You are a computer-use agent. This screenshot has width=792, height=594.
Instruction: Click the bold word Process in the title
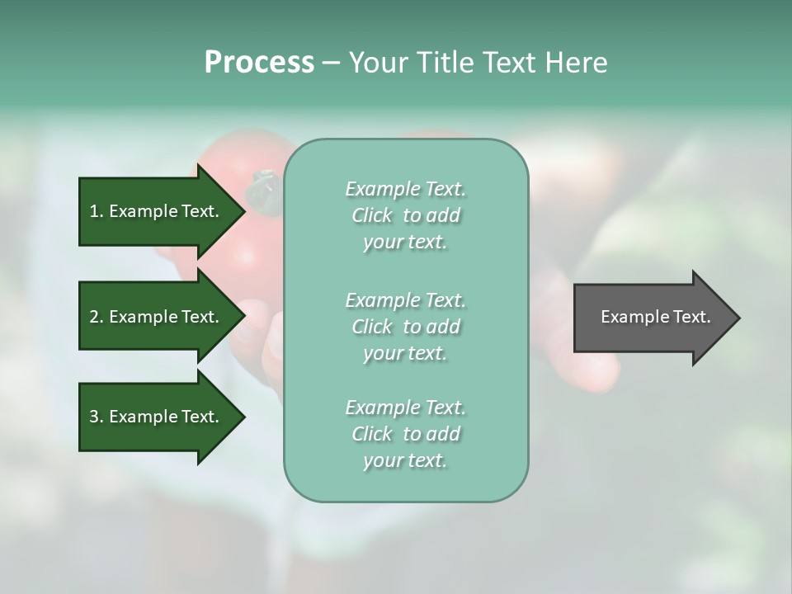(259, 63)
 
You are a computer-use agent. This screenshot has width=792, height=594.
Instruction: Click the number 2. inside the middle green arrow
(96, 317)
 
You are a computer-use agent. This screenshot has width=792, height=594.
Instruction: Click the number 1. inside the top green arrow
(96, 211)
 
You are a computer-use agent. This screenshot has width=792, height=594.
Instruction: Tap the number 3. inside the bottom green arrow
(96, 417)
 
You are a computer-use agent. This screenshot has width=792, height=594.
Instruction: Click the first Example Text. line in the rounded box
(405, 189)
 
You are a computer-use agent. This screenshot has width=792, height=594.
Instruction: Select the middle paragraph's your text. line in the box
(405, 353)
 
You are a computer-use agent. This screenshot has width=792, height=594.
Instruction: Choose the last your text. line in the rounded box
(405, 460)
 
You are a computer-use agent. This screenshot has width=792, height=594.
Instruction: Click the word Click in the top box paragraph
(372, 215)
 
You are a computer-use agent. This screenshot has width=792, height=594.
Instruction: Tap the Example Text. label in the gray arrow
(655, 317)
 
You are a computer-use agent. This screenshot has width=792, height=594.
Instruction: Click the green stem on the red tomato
(265, 186)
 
